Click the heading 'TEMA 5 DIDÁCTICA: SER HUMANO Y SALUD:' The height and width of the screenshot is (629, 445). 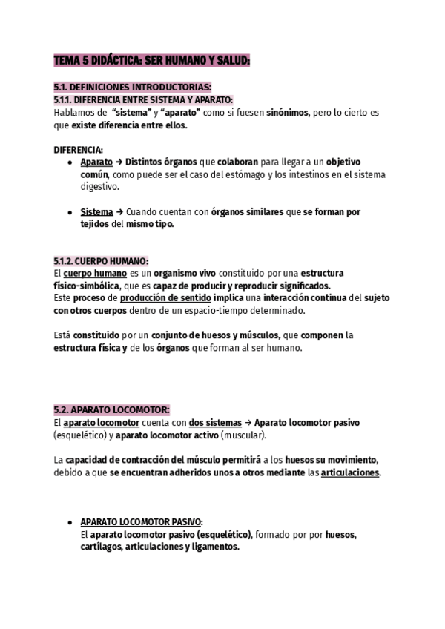[x=152, y=62]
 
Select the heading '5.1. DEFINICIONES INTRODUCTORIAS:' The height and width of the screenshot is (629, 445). [x=133, y=88]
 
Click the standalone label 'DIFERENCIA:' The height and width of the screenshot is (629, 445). [x=79, y=149]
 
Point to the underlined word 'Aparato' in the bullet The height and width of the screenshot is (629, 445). [x=96, y=162]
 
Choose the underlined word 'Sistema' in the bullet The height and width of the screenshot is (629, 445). [x=96, y=211]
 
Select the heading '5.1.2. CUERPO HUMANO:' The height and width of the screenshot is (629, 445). [x=101, y=260]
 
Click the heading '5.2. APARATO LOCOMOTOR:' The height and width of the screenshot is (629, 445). [x=112, y=409]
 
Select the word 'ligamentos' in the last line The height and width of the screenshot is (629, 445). [x=213, y=547]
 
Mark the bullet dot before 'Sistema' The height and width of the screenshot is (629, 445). [x=69, y=211]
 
